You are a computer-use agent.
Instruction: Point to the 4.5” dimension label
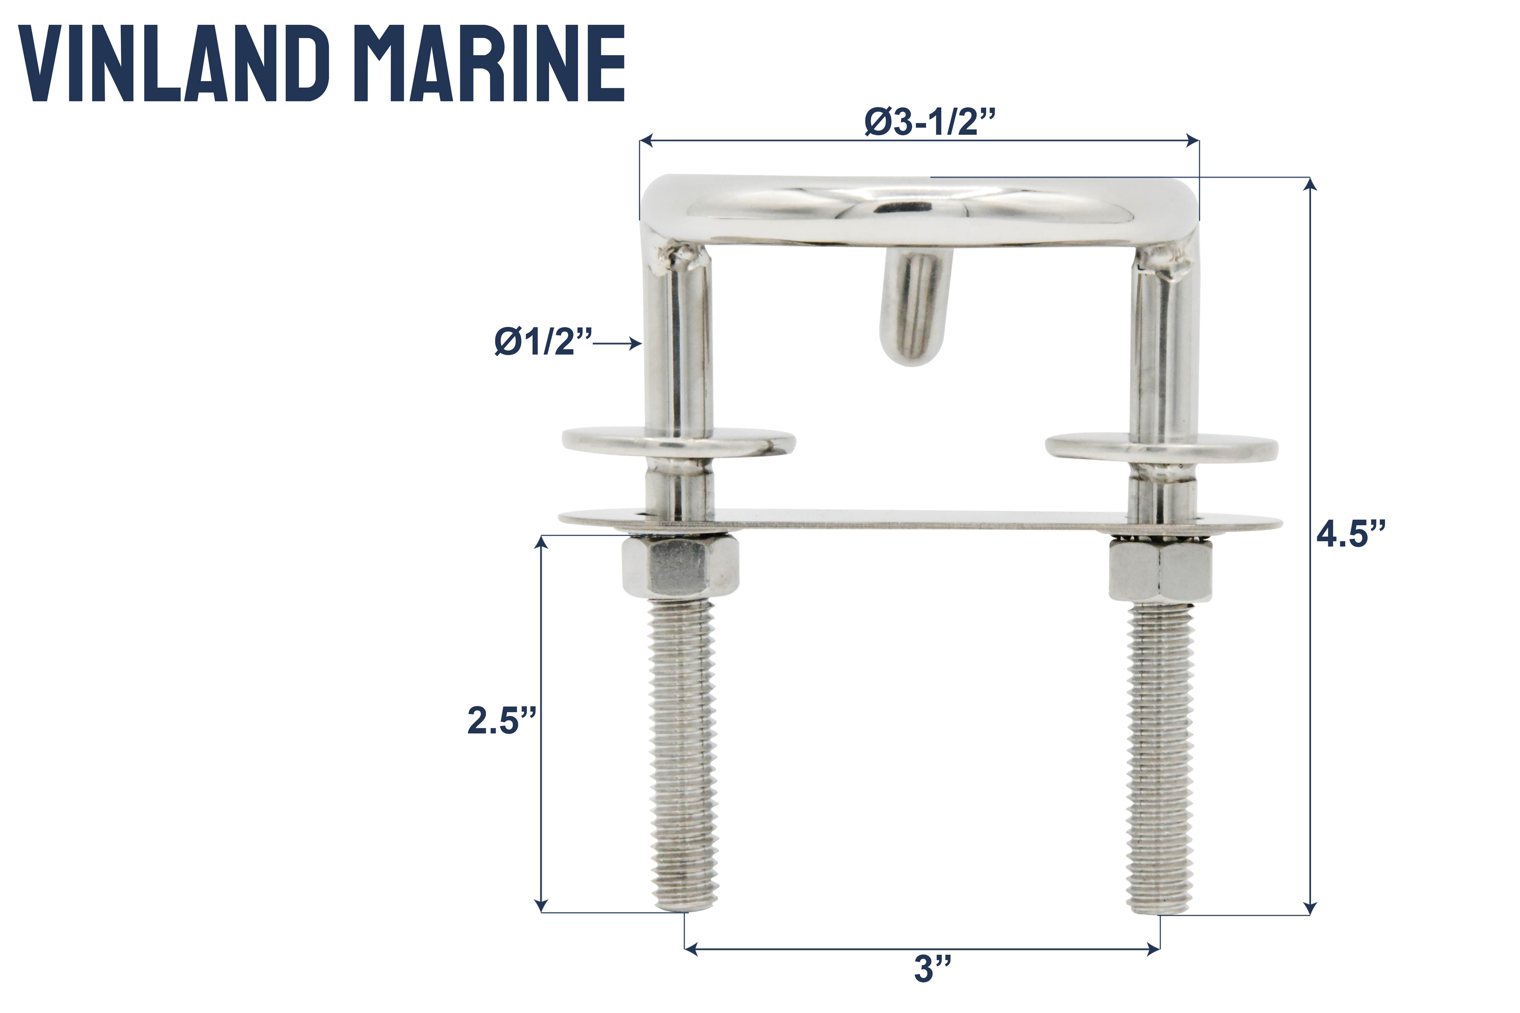pyautogui.click(x=1351, y=535)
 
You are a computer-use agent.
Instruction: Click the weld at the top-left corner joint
pyautogui.click(x=685, y=257)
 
